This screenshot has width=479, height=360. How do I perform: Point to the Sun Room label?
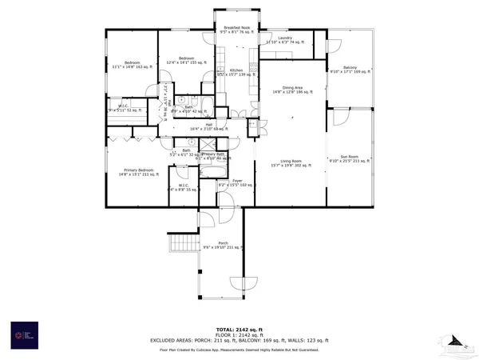pyautogui.click(x=350, y=158)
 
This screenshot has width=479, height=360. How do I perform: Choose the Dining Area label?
pyautogui.click(x=292, y=90)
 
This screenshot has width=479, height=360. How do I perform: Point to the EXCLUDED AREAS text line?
pyautogui.click(x=239, y=341)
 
